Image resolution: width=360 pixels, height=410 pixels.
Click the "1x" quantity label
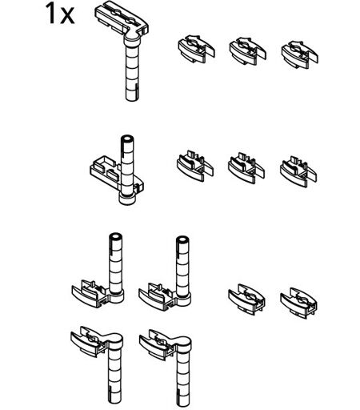pyautogui.click(x=60, y=14)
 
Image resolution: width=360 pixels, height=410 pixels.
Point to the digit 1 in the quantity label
pyautogui.click(x=50, y=14)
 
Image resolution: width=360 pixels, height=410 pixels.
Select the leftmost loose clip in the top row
pyautogui.click(x=196, y=49)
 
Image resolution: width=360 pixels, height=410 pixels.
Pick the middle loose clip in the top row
pyautogui.click(x=248, y=51)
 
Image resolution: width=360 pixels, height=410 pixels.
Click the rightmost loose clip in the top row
pyautogui.click(x=300, y=54)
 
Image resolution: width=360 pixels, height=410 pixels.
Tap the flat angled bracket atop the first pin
pyautogui.click(x=122, y=19)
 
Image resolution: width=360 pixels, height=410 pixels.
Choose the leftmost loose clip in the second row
pyautogui.click(x=195, y=166)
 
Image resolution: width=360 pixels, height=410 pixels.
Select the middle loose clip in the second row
pyautogui.click(x=246, y=168)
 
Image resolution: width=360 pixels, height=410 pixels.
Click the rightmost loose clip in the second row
pyautogui.click(x=298, y=171)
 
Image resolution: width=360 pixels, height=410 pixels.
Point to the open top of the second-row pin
pyautogui.click(x=127, y=139)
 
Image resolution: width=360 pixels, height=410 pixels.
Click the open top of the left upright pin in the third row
pyautogui.click(x=116, y=237)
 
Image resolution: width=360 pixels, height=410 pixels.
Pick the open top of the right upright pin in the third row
pyautogui.click(x=182, y=240)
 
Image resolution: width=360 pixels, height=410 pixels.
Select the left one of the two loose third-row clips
pyautogui.click(x=246, y=299)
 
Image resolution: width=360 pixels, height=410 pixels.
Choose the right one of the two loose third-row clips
pyautogui.click(x=298, y=303)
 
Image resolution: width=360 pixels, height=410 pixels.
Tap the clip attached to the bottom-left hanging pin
pyautogui.click(x=89, y=341)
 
